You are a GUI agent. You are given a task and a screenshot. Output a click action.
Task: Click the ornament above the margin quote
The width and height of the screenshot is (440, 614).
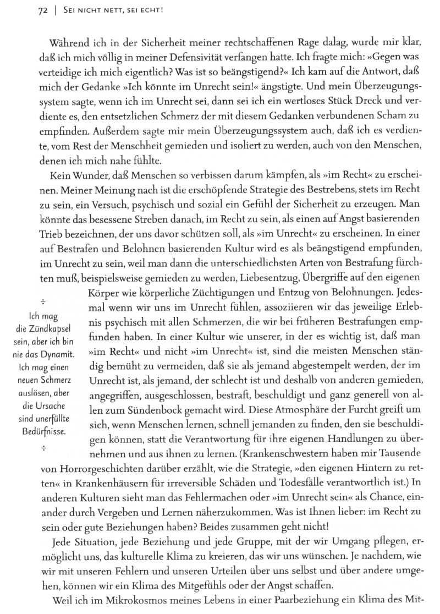click(42, 301)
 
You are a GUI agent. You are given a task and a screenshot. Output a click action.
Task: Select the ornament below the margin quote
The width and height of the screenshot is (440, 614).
click(42, 448)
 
